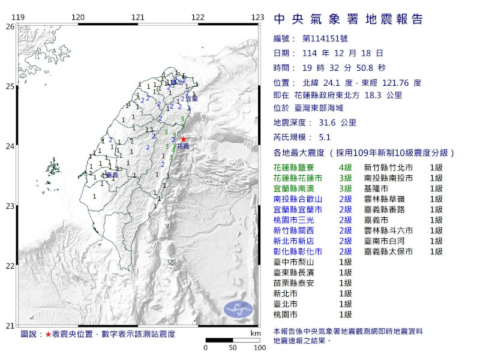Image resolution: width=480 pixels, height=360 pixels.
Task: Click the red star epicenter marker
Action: pyautogui.click(x=183, y=139)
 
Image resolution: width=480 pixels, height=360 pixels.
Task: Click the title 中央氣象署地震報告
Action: pyautogui.click(x=349, y=19)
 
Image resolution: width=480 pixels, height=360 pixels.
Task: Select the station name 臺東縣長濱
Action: pyautogui.click(x=295, y=272)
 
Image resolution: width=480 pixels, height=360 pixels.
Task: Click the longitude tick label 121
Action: pyautogui.click(x=138, y=17)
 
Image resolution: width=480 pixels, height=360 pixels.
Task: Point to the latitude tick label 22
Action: pyautogui.click(x=10, y=266)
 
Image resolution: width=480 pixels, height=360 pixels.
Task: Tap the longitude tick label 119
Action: pyautogui.click(x=18, y=17)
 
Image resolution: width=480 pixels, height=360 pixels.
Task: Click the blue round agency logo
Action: pyautogui.click(x=238, y=309)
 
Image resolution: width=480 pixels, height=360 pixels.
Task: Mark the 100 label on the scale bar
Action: pyautogui.click(x=260, y=347)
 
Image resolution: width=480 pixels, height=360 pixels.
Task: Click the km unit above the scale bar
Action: pyautogui.click(x=256, y=333)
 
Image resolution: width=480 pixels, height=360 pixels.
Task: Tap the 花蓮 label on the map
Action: pyautogui.click(x=183, y=146)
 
